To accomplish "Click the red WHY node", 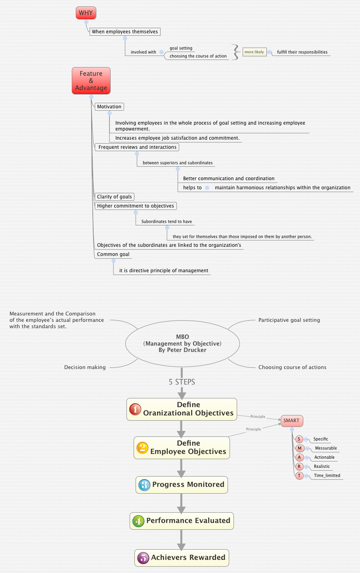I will pos(86,13).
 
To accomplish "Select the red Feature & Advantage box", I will pos(91,81).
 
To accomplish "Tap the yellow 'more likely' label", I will pos(254,52).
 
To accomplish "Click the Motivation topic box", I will pos(109,106).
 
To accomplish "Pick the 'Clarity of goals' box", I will pos(114,196).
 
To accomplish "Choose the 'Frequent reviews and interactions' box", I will pos(137,147).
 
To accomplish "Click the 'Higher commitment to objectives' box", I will pos(135,206).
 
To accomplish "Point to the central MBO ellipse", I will pos(182,343).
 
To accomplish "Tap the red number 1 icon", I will pos(135,409).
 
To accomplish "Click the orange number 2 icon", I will pos(142,448).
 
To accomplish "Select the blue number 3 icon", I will pos(144,485).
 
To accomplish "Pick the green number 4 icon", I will pos(138,521).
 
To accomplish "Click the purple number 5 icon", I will pos(143,558).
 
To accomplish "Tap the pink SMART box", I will pos(291,421).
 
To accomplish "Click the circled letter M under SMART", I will pos(299,448).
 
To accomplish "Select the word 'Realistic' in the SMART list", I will pos(322,466).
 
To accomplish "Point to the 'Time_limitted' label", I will pos(327,475).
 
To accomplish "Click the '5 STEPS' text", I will pos(182,382).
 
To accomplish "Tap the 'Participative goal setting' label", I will pos(289,320).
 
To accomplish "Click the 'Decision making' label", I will pos(85,367).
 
